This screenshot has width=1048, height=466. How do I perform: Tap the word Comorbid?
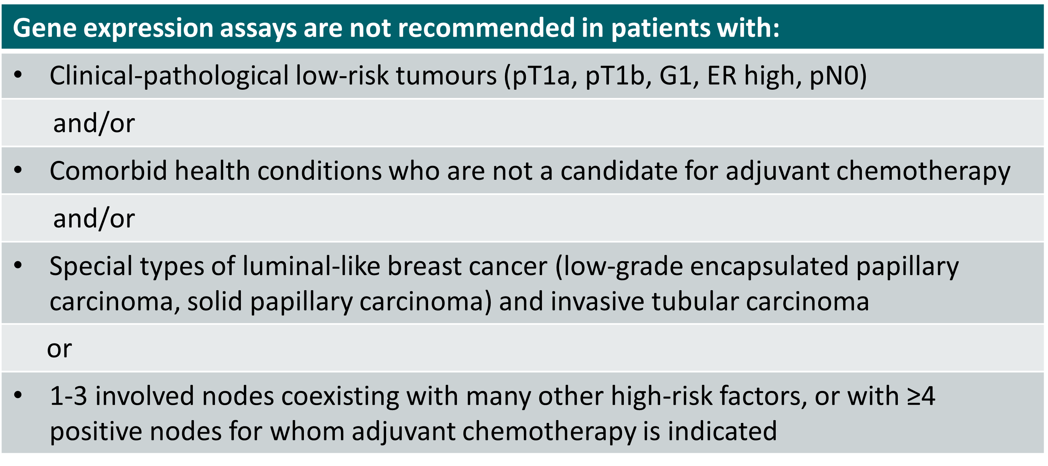108,171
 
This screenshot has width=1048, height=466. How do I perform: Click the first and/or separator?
94,123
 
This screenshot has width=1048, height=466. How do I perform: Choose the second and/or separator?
94,218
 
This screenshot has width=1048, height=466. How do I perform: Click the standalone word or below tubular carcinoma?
59,349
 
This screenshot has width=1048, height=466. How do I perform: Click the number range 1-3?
68,396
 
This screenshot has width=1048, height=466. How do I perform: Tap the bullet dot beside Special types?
18,265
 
